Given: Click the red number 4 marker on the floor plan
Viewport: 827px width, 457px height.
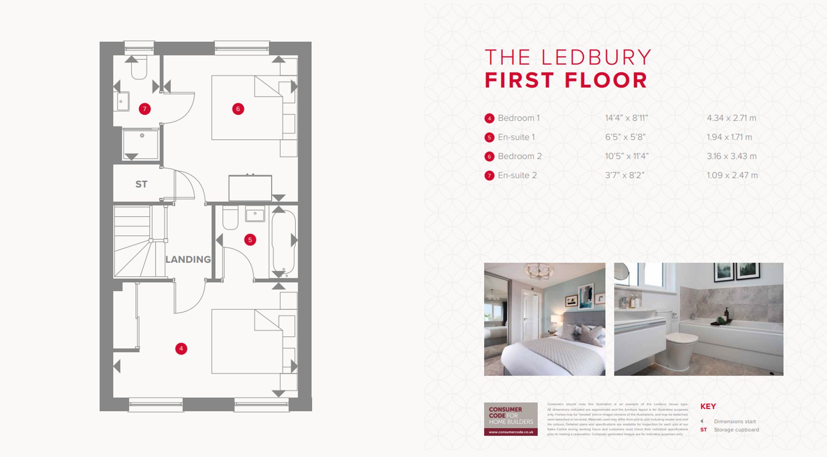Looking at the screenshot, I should point(181,349).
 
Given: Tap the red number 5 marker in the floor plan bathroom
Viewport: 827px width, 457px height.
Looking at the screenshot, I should point(250,240).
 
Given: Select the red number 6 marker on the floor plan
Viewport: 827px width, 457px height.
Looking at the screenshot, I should point(238,109).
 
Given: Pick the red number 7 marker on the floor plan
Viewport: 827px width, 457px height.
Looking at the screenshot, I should point(144,109).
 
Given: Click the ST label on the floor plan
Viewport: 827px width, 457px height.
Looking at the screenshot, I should point(141,184).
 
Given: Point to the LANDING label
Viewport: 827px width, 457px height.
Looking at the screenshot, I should point(188,259).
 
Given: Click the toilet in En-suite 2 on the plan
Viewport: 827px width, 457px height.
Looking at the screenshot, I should point(139,69).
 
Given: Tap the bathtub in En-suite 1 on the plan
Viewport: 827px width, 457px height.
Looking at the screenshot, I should point(284,242).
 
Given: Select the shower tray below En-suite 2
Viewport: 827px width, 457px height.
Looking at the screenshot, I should point(141,144).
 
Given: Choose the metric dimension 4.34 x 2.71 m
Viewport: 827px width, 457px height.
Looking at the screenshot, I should point(731,118).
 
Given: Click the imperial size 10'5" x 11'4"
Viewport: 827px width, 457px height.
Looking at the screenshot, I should point(626,156).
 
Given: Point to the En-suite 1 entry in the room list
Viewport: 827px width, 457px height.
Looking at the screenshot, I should point(516,137).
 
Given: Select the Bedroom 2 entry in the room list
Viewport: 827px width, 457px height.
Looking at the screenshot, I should point(519,156).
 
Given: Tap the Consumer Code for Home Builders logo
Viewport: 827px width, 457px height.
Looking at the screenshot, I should point(511,419).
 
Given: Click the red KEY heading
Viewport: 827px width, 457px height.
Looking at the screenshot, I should point(708,407).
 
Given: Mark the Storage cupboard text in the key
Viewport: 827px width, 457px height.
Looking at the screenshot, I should point(736,430).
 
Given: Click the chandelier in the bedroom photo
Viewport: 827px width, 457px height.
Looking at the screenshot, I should point(538,271).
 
